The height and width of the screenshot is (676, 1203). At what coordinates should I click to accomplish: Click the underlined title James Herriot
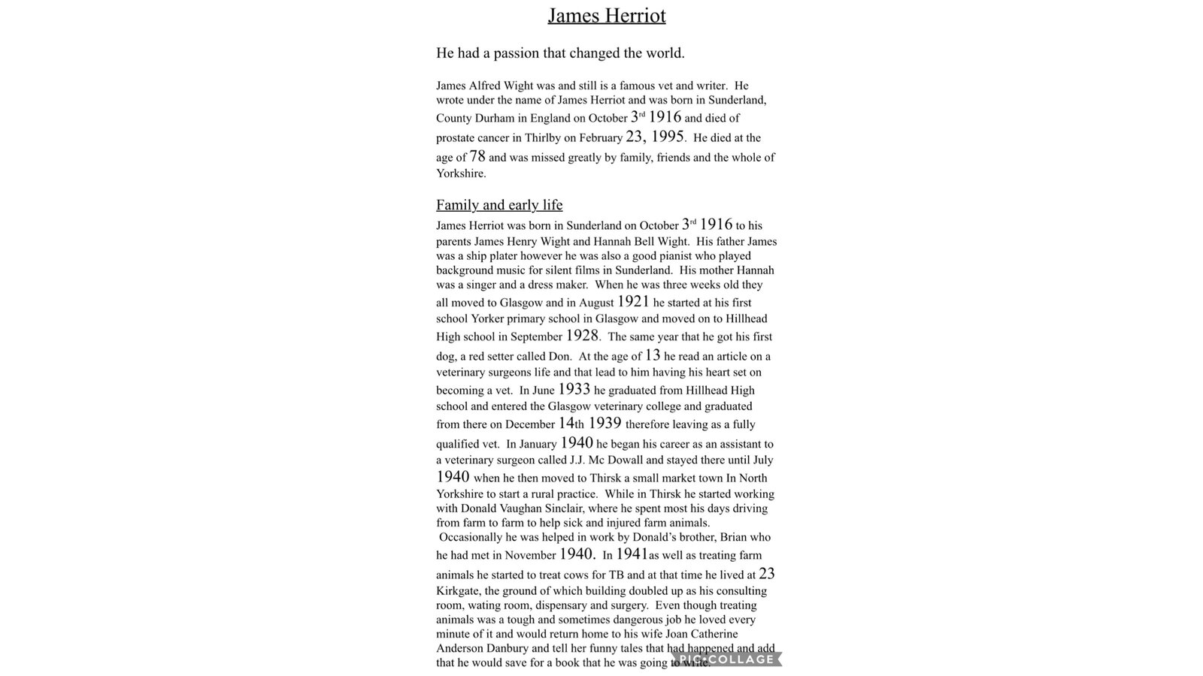[606, 16]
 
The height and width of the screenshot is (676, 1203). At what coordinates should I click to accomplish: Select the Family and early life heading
[499, 205]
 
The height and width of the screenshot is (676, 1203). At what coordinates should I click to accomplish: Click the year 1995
[667, 137]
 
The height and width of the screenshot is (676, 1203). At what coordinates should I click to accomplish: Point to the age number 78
[477, 156]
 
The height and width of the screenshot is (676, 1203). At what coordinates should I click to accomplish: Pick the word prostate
[457, 138]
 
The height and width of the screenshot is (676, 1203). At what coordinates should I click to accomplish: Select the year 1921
[633, 302]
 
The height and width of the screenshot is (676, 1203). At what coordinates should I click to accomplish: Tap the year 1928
[582, 336]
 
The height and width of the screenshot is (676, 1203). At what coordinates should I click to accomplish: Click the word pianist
[680, 256]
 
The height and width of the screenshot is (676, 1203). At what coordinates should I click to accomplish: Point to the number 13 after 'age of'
[652, 355]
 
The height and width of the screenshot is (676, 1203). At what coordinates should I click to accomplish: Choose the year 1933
[574, 389]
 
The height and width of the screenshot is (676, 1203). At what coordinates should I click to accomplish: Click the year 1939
[605, 423]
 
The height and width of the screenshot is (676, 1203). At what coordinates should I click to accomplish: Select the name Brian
[756, 538]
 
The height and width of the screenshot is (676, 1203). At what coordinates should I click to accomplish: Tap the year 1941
[632, 554]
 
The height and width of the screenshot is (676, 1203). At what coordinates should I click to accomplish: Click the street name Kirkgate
[457, 591]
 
